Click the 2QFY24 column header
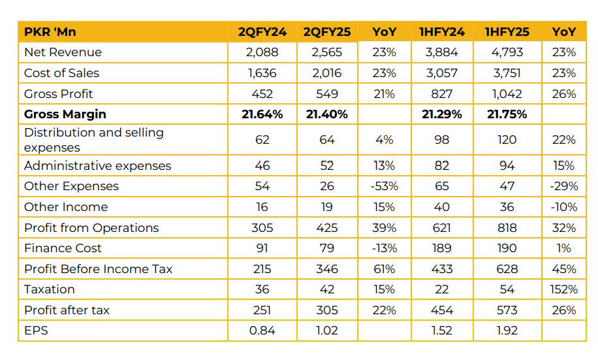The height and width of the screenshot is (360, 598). point(262,31)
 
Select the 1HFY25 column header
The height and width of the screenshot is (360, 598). point(507,31)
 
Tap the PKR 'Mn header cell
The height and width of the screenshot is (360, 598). point(50,31)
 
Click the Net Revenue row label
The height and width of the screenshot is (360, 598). point(63,52)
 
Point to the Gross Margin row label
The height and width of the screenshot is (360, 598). point(65,114)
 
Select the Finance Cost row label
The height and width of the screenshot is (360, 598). point(63,248)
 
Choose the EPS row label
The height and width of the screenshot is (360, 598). point(36,331)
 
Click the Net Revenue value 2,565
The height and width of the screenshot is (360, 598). point(327,52)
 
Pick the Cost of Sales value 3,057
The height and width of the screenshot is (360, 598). point(442,73)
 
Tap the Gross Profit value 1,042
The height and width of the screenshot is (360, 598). point(507,94)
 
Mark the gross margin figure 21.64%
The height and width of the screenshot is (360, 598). point(262,114)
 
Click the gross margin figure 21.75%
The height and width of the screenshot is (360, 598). point(507,114)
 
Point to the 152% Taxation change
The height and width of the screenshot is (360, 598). point(563,289)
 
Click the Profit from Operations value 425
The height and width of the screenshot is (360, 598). point(327,228)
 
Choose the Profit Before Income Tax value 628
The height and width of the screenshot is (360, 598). point(507,269)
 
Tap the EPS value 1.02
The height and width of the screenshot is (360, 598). point(327,331)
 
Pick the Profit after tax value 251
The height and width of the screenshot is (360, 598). point(262,310)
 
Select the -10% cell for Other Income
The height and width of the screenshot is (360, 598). point(563,207)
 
